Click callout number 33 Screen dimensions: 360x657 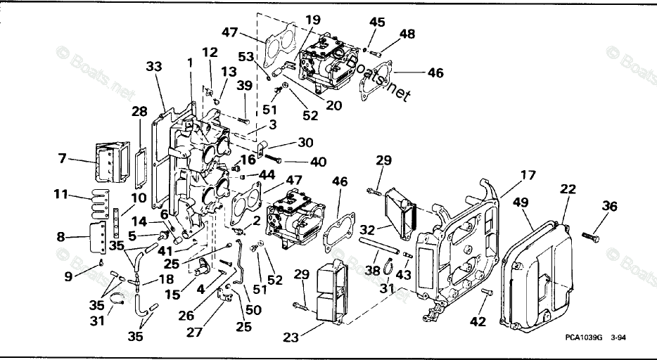[x=154, y=67]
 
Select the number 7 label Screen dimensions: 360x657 [x=63, y=159]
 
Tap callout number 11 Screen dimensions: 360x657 [x=63, y=193]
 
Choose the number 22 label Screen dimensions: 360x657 [x=568, y=189]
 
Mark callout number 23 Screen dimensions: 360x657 [x=291, y=337]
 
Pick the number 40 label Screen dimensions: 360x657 [x=319, y=162]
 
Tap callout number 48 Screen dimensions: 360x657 [x=407, y=33]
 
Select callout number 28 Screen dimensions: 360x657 [x=140, y=112]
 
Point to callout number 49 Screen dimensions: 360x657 [x=521, y=203]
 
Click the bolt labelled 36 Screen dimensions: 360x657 [x=591, y=237]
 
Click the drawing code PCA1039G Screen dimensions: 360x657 [x=583, y=338]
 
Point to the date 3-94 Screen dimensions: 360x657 [x=619, y=338]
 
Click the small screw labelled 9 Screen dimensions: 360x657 [x=101, y=263]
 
